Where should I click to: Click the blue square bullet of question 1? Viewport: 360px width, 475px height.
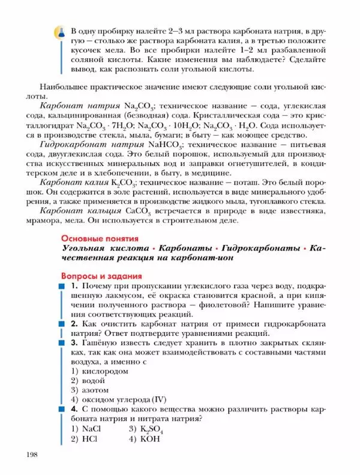point(61,286)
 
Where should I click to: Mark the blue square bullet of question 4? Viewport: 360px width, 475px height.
point(61,410)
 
